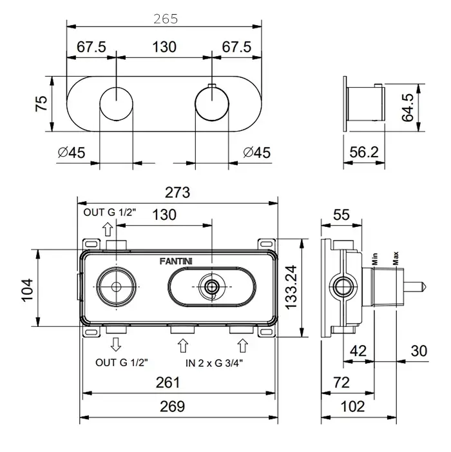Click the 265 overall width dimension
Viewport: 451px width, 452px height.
tap(166, 19)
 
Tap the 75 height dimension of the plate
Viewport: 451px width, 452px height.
tap(41, 103)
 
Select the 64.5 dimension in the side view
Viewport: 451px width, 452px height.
tap(408, 107)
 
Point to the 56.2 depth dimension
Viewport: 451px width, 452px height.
tap(364, 152)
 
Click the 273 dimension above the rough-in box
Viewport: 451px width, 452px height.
tap(177, 193)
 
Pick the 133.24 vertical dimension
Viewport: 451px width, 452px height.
tap(291, 288)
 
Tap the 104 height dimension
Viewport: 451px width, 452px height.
tap(28, 290)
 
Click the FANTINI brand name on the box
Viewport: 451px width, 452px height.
tap(176, 261)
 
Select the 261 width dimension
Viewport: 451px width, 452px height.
tap(168, 382)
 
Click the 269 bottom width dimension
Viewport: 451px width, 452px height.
tap(172, 406)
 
